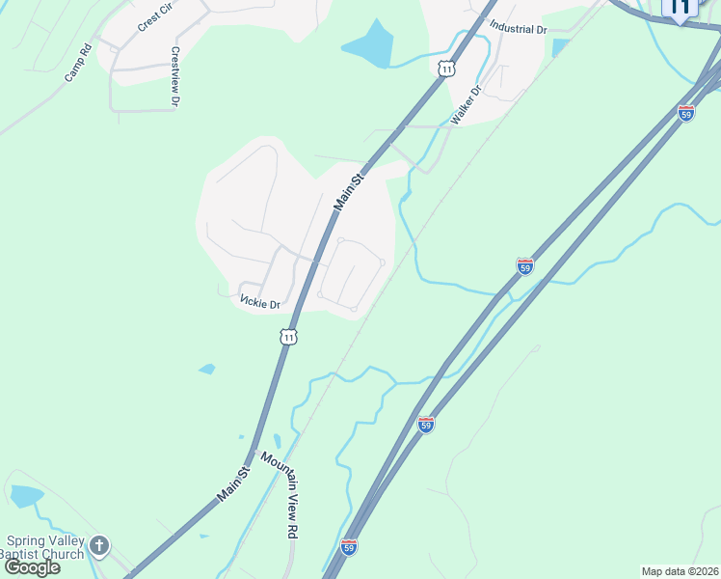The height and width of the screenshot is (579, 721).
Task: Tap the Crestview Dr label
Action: tap(175, 76)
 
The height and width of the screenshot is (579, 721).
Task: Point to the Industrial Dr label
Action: tap(518, 29)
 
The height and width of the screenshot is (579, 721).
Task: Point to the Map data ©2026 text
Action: tap(679, 571)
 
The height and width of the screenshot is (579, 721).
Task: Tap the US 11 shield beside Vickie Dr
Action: tap(289, 337)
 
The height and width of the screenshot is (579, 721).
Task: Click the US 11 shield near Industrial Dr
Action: tap(445, 68)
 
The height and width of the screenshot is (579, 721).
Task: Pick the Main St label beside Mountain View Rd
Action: tap(233, 482)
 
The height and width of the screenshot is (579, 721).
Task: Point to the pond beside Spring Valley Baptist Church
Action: tap(26, 496)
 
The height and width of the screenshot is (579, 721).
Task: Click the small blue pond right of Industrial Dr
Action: tap(560, 46)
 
